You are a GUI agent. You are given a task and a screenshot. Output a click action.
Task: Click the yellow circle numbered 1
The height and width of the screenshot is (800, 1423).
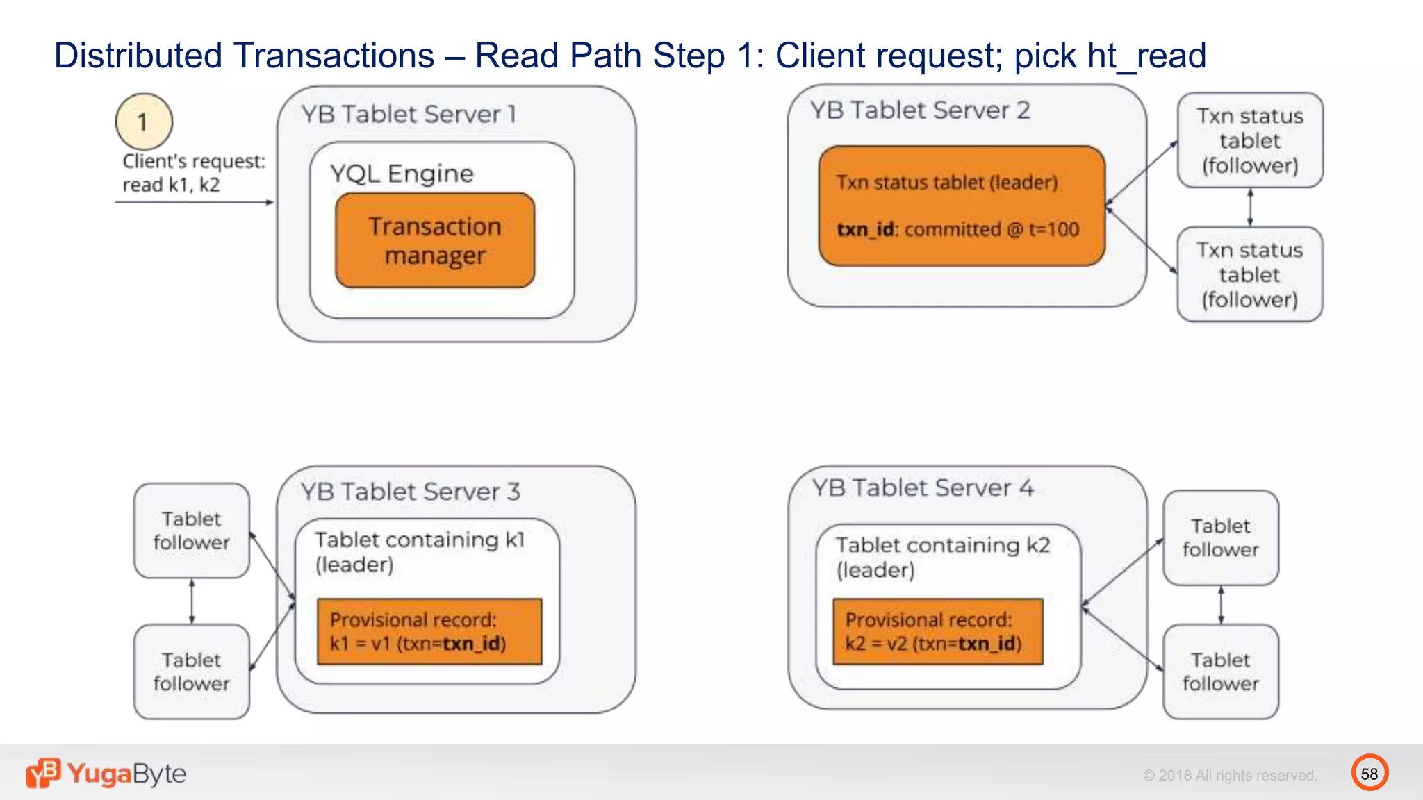[x=144, y=122]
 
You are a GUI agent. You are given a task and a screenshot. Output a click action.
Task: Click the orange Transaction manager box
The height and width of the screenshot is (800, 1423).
[x=435, y=240]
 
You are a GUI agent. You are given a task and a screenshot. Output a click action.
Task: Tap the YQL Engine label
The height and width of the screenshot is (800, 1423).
[x=402, y=173]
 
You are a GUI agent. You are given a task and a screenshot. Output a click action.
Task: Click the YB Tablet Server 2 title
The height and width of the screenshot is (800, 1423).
[x=919, y=110]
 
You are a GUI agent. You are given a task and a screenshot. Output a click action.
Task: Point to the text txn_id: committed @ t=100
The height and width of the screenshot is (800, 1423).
[x=957, y=229]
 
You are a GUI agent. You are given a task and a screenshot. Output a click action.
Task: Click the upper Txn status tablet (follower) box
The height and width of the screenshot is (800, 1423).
[x=1249, y=140]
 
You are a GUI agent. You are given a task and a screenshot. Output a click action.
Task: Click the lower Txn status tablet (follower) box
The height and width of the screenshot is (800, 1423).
[x=1249, y=274]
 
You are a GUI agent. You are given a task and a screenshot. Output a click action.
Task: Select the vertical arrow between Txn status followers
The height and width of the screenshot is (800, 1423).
[x=1250, y=207]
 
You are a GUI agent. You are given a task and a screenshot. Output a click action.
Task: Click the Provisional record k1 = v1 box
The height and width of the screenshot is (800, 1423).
[x=429, y=631]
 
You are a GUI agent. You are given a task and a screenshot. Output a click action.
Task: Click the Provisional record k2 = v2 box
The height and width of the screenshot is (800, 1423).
[x=937, y=631]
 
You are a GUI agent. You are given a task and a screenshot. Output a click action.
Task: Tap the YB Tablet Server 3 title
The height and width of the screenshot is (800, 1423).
[x=410, y=492]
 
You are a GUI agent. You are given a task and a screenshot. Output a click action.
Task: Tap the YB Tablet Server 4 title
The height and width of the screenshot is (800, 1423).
[x=923, y=487]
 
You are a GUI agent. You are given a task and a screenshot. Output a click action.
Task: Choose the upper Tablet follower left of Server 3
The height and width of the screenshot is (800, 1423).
[x=191, y=531]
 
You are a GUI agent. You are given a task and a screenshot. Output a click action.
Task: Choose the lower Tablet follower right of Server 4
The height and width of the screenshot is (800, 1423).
[x=1220, y=672]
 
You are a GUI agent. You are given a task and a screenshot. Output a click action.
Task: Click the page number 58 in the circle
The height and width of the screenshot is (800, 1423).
[x=1369, y=773]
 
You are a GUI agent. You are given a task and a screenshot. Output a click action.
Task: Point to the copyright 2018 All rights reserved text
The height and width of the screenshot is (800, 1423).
[x=1229, y=775]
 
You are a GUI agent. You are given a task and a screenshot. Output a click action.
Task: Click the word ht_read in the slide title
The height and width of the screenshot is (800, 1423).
[x=1146, y=56]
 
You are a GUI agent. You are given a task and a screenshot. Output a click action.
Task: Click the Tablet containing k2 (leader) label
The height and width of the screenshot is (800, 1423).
[x=942, y=557]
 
